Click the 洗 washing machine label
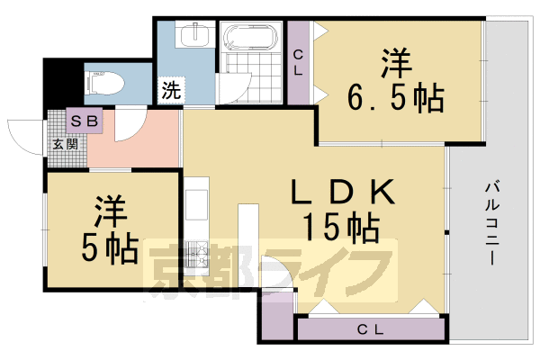tap(169, 90)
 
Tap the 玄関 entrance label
tap(64, 142)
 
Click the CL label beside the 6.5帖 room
tap(298, 62)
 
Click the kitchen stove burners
tap(198, 256)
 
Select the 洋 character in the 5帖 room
tap(108, 211)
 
